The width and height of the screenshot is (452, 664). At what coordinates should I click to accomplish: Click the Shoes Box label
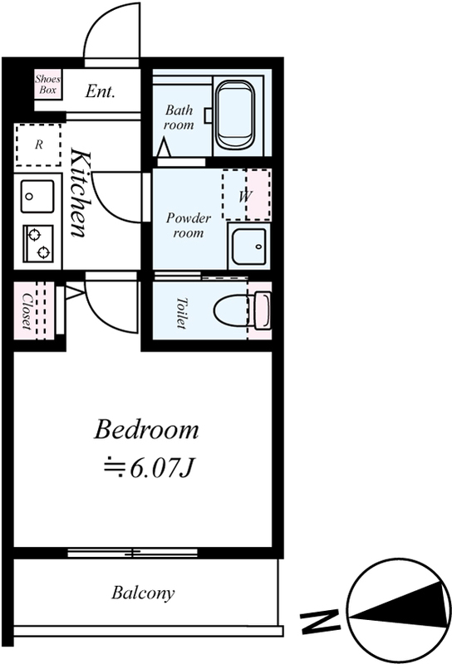tap(47, 85)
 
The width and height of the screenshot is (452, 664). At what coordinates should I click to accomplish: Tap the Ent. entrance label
tap(100, 91)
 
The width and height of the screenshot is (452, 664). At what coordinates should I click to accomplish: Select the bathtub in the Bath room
tap(235, 115)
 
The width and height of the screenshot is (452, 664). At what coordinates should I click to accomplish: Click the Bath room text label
tap(179, 117)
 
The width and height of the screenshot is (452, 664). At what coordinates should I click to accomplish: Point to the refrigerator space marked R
tap(38, 144)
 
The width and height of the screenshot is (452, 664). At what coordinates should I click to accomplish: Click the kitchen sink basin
tap(37, 197)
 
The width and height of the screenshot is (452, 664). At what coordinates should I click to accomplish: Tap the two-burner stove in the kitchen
tap(38, 242)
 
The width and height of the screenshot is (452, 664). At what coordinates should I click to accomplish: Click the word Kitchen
tap(80, 192)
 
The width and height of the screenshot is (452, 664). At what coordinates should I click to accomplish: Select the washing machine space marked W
tap(246, 195)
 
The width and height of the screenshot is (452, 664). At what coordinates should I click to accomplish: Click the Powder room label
tap(189, 225)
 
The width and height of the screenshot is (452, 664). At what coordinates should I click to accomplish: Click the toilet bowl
tap(242, 310)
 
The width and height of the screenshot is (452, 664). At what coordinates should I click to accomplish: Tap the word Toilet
tap(181, 314)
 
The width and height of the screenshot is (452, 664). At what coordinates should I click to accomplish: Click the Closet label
tap(27, 311)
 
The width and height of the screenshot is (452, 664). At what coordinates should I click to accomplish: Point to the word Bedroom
tap(146, 429)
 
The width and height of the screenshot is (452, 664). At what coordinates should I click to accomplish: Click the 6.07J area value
tap(162, 468)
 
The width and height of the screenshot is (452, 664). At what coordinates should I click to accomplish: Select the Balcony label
tap(143, 593)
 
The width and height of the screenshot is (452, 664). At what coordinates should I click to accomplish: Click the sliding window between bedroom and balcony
tap(132, 553)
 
